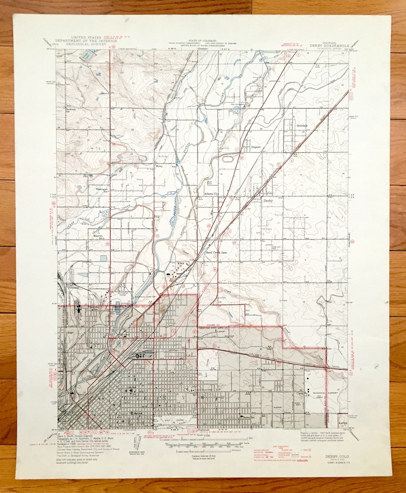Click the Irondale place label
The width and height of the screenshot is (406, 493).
click(302, 126)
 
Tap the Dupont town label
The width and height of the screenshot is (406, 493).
click(256, 147)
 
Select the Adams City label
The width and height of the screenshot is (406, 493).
click(211, 194)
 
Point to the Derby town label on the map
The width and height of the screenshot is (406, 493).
click(268, 201)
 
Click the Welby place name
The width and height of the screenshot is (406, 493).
click(159, 166)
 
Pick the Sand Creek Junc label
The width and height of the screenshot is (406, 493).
click(216, 253)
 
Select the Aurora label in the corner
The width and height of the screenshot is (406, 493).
click(342, 423)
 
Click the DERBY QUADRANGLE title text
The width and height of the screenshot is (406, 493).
click(329, 45)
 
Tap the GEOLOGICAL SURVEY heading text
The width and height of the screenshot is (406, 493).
click(83, 44)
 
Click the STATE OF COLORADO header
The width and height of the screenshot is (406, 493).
click(200, 40)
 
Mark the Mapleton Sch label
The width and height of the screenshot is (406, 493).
click(98, 237)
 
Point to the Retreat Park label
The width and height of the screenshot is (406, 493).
click(123, 294)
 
